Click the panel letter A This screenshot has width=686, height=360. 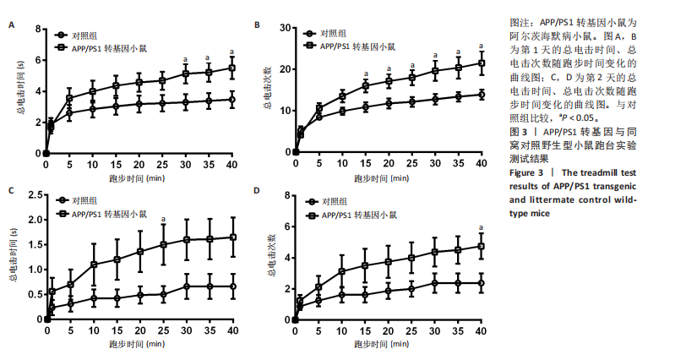click(12, 25)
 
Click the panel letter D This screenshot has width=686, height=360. click(257, 190)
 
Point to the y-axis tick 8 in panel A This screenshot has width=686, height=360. click(37, 30)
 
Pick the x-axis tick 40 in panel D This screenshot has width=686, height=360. click(482, 332)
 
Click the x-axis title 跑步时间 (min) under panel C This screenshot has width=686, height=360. click(140, 346)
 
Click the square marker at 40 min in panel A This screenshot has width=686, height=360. click(232, 68)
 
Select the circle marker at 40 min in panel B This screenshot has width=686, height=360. click(482, 95)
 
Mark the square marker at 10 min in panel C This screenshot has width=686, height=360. click(94, 265)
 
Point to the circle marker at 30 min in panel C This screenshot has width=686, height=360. click(186, 286)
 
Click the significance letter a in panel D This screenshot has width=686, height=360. click(482, 226)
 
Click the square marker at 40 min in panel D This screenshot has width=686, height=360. click(482, 246)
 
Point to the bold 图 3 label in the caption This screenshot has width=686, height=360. click(519, 133)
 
